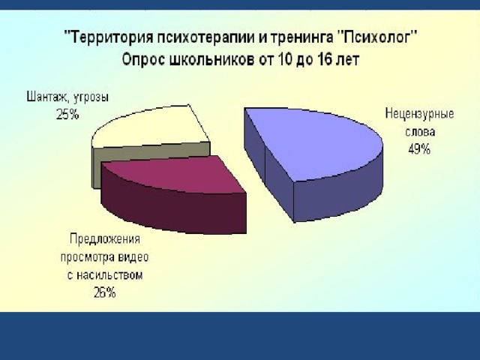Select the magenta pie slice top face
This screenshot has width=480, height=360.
coord(175,174)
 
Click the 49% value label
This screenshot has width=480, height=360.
coord(419,149)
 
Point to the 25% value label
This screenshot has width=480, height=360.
coord(67,115)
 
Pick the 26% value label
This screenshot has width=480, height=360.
coord(104,293)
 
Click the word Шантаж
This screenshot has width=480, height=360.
coord(46,97)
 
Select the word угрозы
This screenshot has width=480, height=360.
coord(89,98)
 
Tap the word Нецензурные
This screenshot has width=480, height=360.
coord(419,114)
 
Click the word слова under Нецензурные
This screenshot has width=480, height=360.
coord(420,132)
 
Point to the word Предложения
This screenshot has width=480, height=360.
coord(105,238)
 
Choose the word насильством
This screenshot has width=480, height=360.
coord(109,275)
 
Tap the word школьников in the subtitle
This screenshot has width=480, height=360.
coord(211,60)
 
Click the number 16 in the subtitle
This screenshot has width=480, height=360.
coord(317,60)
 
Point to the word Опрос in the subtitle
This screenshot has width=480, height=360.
coord(143,60)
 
